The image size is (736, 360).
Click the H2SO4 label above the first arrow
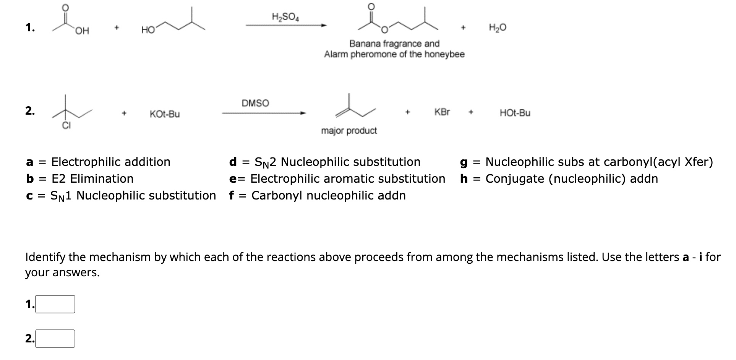click(285, 17)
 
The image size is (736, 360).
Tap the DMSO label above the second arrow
click(255, 103)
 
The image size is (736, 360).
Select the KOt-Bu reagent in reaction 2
click(165, 114)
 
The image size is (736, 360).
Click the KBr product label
click(442, 112)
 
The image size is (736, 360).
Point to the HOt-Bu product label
click(515, 113)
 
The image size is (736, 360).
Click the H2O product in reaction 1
click(498, 28)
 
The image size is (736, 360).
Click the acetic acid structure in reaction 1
click(71, 21)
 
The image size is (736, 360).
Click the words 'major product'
click(349, 131)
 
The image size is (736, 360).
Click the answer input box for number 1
click(55, 304)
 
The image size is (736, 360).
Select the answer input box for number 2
click(55, 339)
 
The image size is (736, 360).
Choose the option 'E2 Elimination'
click(92, 178)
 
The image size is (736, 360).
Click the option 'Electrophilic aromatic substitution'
click(347, 178)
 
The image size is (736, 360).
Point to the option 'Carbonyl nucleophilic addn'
click(328, 195)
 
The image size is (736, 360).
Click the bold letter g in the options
click(464, 162)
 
